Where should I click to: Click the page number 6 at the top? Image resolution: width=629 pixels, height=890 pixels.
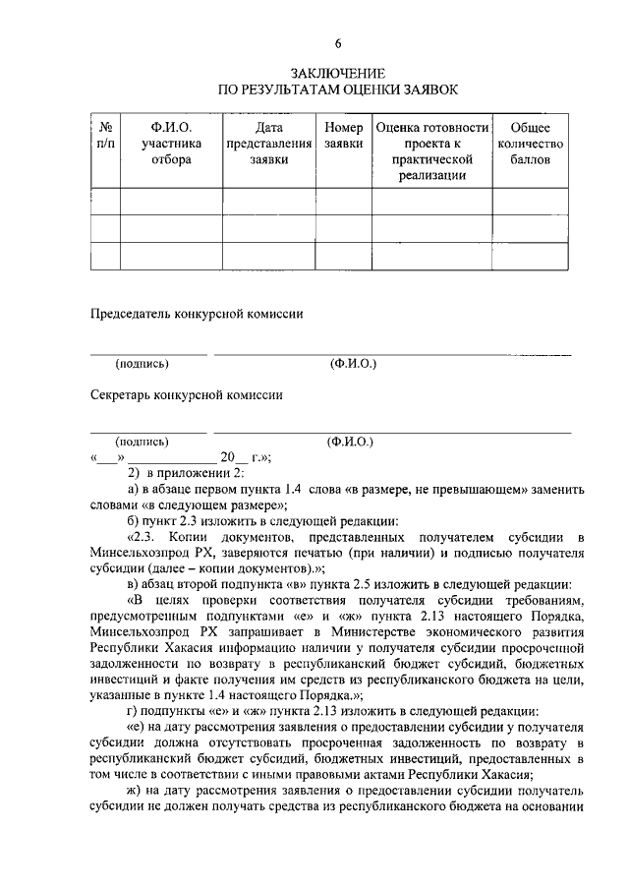coord(337,44)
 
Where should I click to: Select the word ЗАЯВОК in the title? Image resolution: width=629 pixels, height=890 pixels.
coord(425,90)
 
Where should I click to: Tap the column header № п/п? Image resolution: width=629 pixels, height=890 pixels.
coord(105,136)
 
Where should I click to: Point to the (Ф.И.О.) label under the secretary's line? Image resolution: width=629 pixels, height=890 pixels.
coord(351,443)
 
